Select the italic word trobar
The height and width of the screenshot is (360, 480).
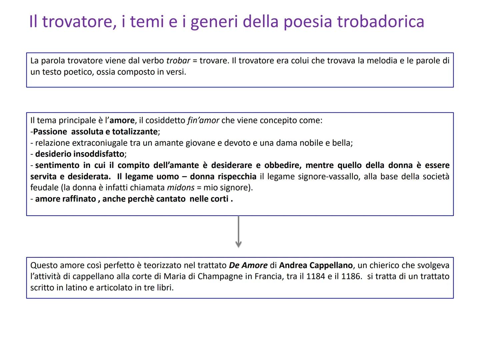pos(178,61)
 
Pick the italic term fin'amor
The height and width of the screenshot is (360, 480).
pos(203,120)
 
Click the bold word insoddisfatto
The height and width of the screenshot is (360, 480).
pos(99,154)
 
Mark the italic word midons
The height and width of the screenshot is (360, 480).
pos(181,188)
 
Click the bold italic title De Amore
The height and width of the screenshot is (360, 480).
pos(248,265)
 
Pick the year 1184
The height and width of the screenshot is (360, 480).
pos(315,276)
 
